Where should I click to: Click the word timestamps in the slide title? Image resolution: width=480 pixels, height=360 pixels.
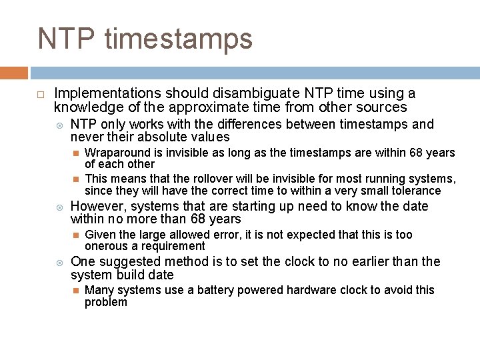(181, 39)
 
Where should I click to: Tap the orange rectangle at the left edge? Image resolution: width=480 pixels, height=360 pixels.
(13, 73)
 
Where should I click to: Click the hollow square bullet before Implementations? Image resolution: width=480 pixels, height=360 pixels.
(41, 94)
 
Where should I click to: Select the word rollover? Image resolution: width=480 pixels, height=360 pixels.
(214, 179)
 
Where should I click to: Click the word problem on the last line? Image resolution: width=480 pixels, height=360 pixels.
(106, 302)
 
